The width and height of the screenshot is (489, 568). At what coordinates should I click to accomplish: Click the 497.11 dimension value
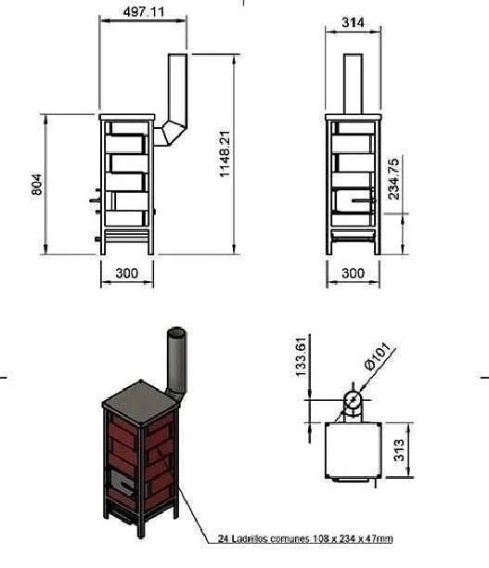(x=144, y=12)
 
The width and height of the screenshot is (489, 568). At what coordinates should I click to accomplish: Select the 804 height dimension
(x=36, y=185)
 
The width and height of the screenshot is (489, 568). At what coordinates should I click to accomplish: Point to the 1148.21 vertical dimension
(x=225, y=154)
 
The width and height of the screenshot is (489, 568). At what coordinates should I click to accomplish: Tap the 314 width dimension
(x=353, y=22)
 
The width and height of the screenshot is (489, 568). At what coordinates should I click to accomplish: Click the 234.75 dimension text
(x=393, y=178)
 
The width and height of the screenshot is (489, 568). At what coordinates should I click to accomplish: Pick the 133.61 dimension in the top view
(x=301, y=357)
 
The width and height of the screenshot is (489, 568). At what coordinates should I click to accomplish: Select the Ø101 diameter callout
(x=378, y=355)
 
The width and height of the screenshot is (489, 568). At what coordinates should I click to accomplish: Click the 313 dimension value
(x=399, y=450)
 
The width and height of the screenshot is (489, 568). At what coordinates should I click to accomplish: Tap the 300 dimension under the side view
(x=127, y=273)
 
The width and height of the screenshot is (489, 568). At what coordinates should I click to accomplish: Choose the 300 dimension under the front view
(x=354, y=273)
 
